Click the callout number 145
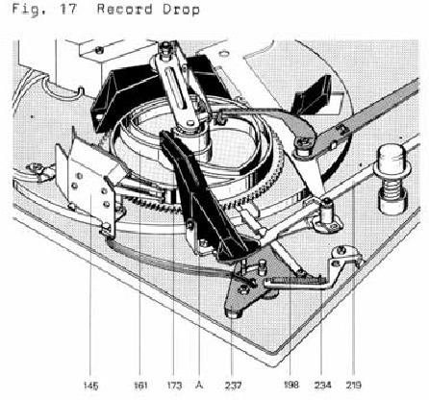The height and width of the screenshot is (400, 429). tap(90, 385)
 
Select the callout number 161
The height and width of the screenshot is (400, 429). tap(140, 385)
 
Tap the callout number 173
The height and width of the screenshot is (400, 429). tap(174, 385)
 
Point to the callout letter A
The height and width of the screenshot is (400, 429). tap(199, 385)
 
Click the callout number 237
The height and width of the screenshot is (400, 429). tap(233, 385)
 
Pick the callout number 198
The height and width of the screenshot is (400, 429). tap(290, 385)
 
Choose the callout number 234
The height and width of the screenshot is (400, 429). tap(322, 385)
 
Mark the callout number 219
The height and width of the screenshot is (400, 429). tap(353, 385)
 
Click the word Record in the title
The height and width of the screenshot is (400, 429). tap(125, 9)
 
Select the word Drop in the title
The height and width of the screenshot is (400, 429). tap(181, 10)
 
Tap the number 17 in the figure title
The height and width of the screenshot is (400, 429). tap(68, 9)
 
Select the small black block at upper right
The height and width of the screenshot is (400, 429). tap(314, 93)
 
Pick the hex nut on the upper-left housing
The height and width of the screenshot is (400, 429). tap(100, 50)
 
